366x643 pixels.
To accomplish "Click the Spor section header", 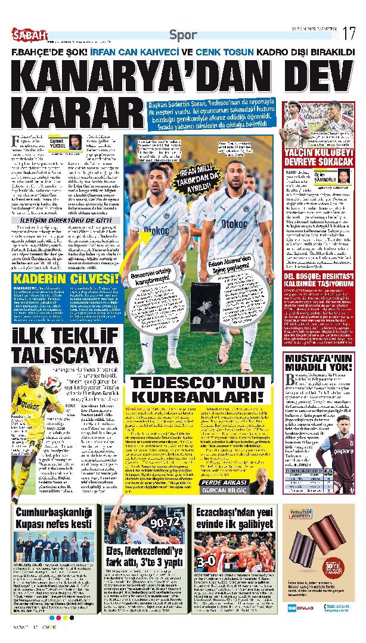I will pos(183,34).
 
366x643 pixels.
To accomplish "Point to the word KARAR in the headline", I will pos(75,113).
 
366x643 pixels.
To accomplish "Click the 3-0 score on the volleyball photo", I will pos(207,561).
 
